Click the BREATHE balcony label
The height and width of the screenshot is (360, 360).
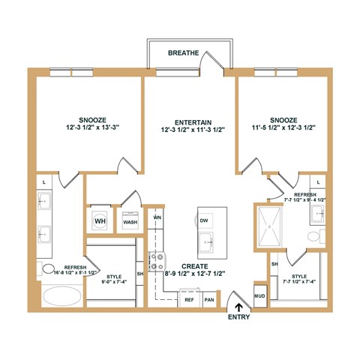point(183,53)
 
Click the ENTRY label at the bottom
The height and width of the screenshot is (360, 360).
point(240,318)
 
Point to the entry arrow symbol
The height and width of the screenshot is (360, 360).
point(240,305)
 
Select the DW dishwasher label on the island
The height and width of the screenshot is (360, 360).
point(204,220)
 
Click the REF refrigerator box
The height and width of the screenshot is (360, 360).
point(188,299)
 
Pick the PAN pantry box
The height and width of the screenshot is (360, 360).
point(209,299)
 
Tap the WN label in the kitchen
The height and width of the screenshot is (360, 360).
point(157,217)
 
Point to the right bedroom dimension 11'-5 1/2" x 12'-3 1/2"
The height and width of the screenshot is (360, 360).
point(284,128)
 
